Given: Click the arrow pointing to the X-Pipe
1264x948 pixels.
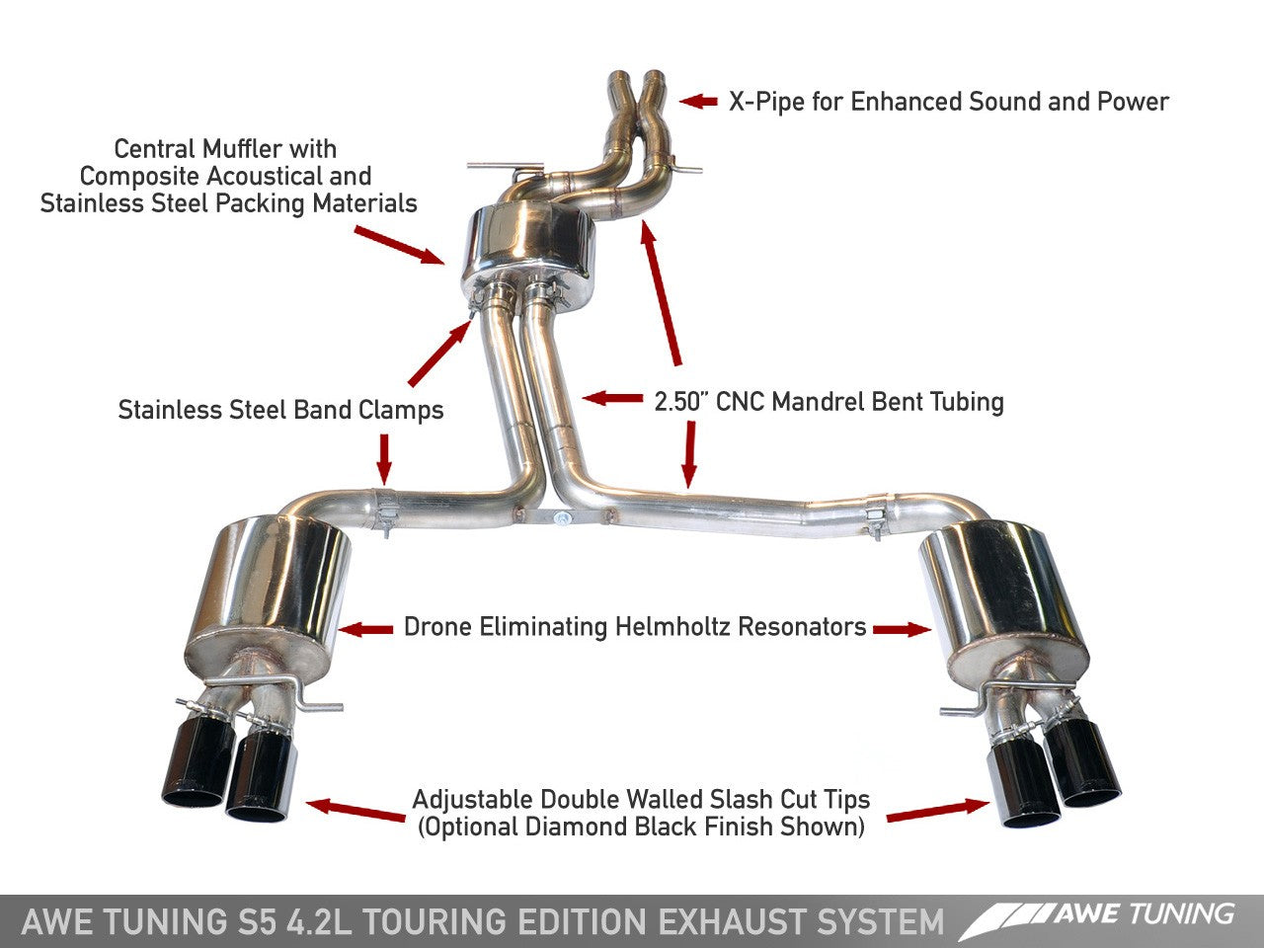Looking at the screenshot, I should click(698, 101).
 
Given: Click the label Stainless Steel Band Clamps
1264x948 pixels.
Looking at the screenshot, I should click(280, 410).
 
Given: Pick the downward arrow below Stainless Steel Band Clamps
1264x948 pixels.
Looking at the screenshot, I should click(384, 458).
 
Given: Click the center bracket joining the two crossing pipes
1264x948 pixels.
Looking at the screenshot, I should click(560, 516).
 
